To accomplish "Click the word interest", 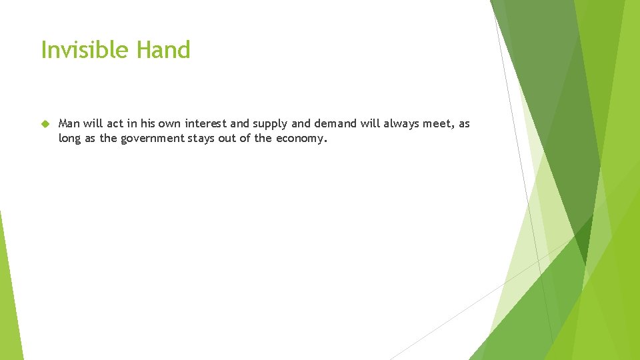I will point(205,124).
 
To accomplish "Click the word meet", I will point(437,124).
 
